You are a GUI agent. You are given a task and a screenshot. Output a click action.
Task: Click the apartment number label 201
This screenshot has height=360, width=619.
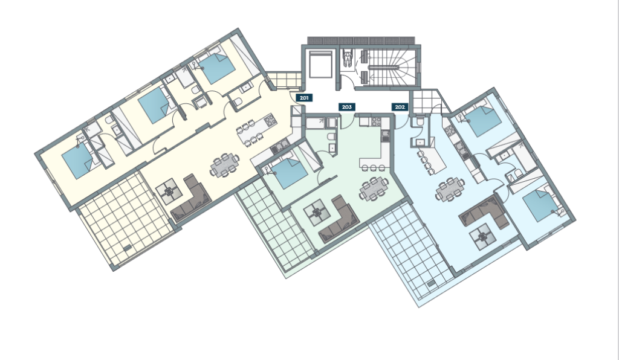(304, 98)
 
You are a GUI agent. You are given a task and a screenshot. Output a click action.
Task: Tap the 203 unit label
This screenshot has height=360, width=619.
(346, 107)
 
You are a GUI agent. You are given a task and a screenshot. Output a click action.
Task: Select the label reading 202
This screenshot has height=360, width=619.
(400, 107)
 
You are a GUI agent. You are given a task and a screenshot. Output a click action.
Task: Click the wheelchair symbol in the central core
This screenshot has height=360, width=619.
(348, 58)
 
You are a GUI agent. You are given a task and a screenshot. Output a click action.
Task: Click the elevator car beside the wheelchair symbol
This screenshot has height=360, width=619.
(320, 64)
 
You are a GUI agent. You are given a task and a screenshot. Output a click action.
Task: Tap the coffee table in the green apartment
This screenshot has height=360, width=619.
(317, 213)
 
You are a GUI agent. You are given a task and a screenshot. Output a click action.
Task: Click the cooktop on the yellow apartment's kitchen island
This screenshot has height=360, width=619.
(271, 120)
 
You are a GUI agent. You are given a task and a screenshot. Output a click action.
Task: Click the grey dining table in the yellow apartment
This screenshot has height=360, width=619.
(224, 166)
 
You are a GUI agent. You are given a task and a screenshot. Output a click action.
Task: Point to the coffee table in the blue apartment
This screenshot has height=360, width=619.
(482, 237)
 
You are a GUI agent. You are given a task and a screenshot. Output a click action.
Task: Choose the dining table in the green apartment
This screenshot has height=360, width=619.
(374, 188)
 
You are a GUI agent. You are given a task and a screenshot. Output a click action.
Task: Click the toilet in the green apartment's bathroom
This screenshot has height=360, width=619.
(332, 137)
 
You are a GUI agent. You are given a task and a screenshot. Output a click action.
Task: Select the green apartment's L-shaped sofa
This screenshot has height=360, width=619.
(339, 219)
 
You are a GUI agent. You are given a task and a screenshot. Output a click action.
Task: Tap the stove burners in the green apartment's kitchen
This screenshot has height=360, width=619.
(376, 121)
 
